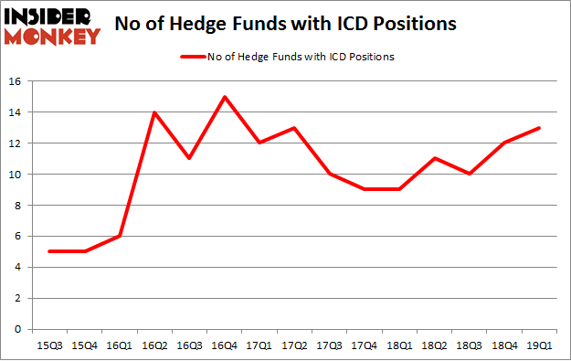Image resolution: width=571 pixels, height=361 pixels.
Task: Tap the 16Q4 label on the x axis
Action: pos(225,345)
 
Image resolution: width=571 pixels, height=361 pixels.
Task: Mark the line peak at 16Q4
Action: pos(224,97)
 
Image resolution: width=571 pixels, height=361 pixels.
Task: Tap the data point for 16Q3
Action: pos(190,159)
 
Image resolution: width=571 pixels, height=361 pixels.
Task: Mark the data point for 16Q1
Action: pos(120,236)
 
